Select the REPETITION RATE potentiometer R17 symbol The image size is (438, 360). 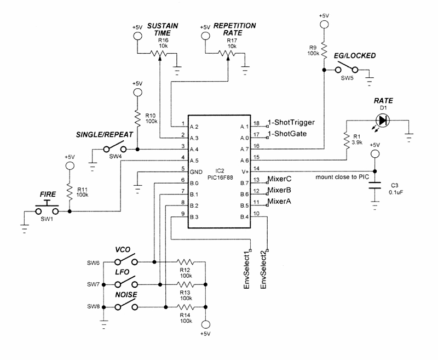226,54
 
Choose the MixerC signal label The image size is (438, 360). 280,179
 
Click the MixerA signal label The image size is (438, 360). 280,202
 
